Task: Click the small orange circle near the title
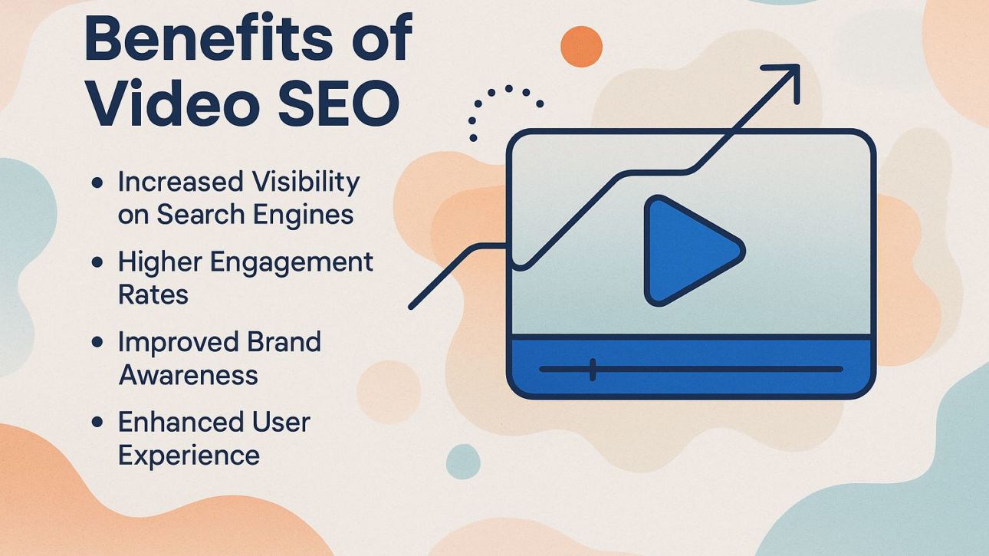[581, 47]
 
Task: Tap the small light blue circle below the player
[463, 461]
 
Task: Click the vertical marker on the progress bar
[593, 369]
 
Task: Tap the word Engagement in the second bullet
[292, 262]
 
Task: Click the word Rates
[153, 294]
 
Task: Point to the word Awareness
[188, 375]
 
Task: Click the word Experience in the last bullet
[189, 455]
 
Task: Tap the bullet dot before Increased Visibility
[97, 183]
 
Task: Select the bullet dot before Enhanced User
[97, 422]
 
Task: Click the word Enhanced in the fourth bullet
[172, 422]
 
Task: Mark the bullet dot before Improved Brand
[97, 342]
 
